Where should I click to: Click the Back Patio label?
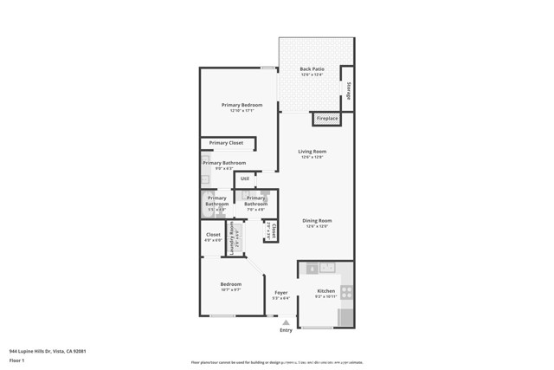pos(312,69)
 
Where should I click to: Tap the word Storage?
pos(349,90)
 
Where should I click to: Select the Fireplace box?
pos(327,119)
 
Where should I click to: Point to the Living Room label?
pos(312,151)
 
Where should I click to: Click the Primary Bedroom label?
pos(242,105)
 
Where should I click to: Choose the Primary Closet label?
pos(226,143)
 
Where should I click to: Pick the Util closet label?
pos(245,179)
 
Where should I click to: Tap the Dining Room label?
pos(317,220)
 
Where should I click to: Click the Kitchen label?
pos(325,291)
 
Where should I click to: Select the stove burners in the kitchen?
pos(346,292)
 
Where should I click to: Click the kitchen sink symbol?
pos(327,268)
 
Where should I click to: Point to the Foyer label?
pos(281,293)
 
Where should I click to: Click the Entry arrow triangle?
pos(286,322)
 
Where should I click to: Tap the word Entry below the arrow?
pos(286,330)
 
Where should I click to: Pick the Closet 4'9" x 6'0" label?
pos(213,235)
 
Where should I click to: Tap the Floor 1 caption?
pos(16,360)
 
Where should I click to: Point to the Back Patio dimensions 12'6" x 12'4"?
pos(312,75)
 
